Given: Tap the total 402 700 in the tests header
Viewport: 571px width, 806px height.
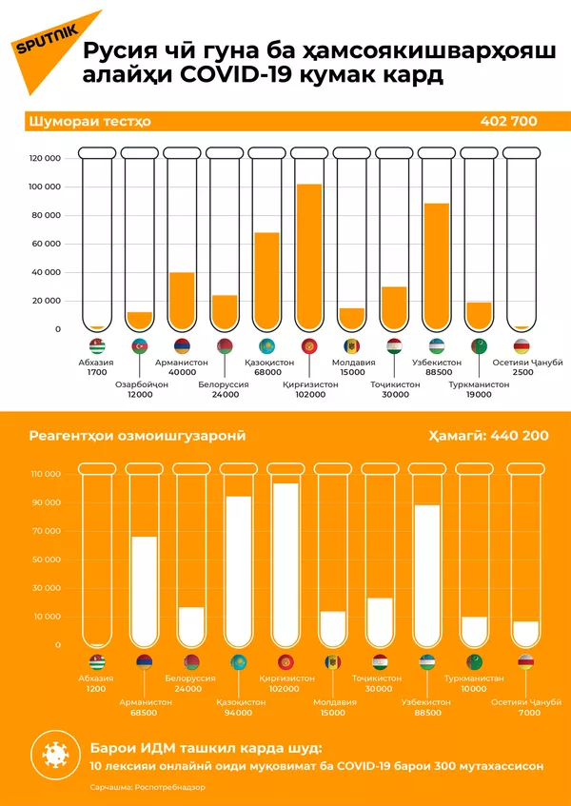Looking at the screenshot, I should (509, 121).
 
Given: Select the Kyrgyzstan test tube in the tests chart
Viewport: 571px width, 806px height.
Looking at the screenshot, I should (309, 238).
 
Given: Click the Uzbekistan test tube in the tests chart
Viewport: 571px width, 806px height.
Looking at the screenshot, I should (438, 238).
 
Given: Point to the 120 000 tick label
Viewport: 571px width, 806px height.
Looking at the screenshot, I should (46, 159).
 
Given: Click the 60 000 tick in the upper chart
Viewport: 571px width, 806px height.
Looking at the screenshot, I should (46, 244).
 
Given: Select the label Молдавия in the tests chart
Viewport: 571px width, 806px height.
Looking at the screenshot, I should (352, 363).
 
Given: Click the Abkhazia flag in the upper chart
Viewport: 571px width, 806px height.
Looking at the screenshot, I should (97, 346).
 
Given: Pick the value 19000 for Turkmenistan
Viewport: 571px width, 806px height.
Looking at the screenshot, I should (479, 394).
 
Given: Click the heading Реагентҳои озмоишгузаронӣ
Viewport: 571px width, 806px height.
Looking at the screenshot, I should (137, 436).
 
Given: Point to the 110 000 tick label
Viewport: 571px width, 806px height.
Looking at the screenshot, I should (46, 474).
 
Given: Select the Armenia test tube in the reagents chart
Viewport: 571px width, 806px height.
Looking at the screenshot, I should (145, 561).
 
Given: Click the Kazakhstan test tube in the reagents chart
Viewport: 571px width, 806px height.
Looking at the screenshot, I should (238, 561).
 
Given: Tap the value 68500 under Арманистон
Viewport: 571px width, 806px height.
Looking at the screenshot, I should (145, 712).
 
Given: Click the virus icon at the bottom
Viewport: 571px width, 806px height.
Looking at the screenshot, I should (54, 755).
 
